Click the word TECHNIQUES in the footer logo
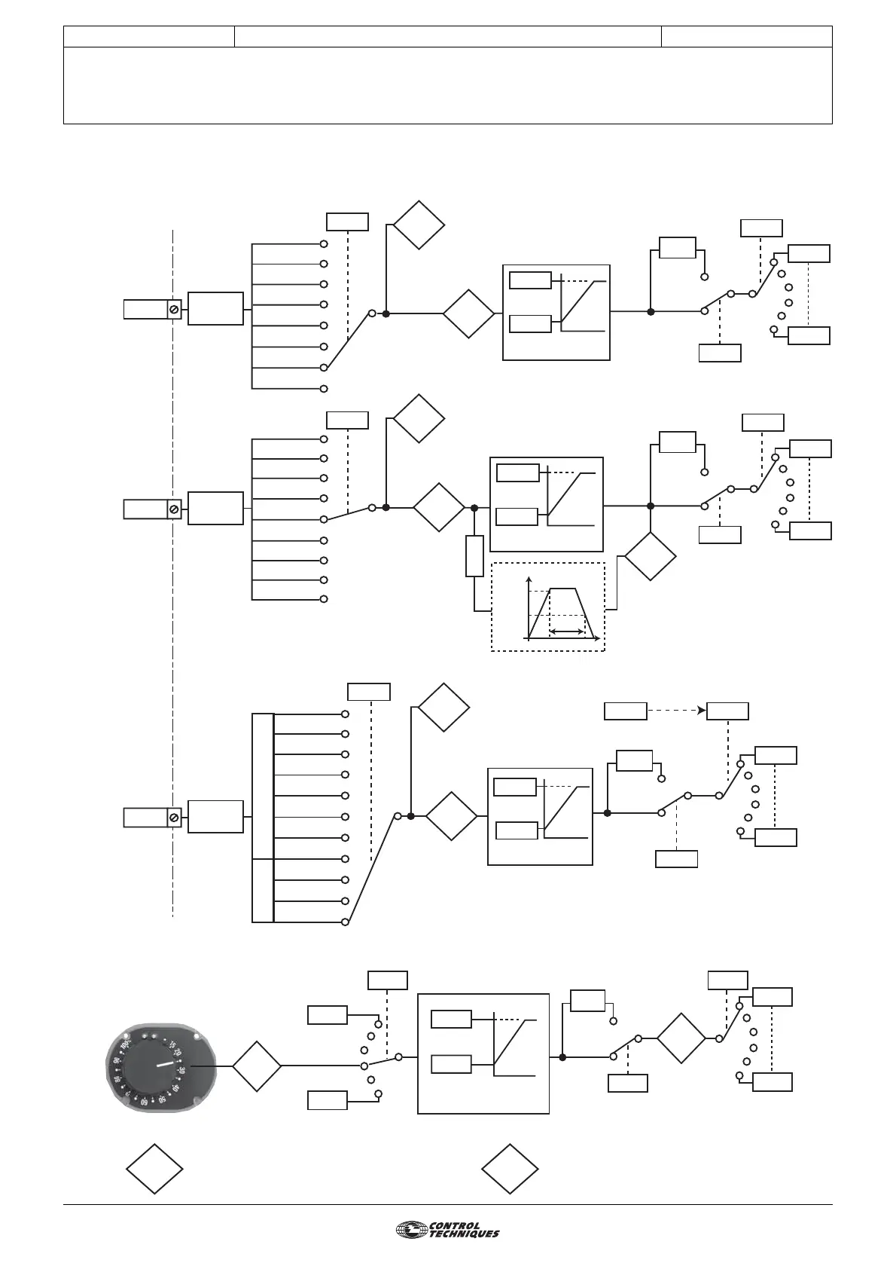tap(464, 1234)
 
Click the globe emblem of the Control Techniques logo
tap(411, 1230)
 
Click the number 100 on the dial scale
tap(125, 1045)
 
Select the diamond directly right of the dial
tap(256, 1066)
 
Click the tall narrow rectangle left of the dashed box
tap(474, 555)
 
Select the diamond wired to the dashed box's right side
tap(651, 556)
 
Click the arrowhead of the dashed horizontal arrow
tap(702, 711)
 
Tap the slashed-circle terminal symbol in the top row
tap(174, 309)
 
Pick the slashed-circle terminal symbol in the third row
tap(174, 817)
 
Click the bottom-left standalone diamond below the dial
tap(154, 1169)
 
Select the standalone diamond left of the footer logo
tap(510, 1169)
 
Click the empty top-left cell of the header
tap(149, 36)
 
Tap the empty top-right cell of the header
tap(747, 36)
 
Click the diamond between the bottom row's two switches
tap(681, 1039)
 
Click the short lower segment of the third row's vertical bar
tap(262, 889)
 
